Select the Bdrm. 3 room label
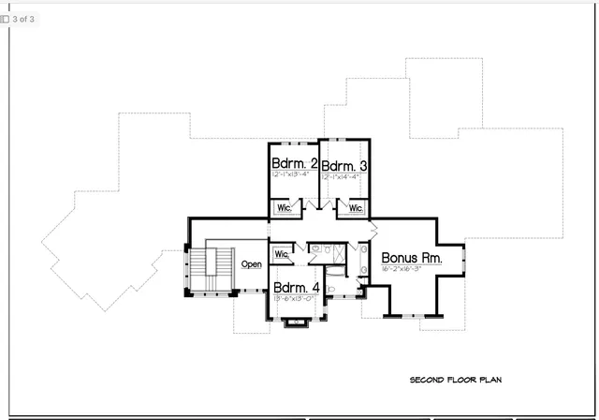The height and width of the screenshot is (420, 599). [x=343, y=163]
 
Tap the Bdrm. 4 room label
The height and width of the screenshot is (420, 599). [x=297, y=287]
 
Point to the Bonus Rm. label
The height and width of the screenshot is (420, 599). [x=410, y=257]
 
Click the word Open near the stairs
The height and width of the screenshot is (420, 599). [x=252, y=264]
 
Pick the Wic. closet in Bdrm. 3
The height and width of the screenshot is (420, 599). [x=355, y=208]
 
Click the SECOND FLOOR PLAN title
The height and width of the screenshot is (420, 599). [x=456, y=380]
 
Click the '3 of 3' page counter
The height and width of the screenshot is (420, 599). [x=22, y=19]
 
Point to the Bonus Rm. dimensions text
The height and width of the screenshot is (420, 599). [x=402, y=269]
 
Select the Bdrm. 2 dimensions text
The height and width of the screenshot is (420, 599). [x=291, y=175]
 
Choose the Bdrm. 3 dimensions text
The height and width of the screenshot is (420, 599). [x=343, y=175]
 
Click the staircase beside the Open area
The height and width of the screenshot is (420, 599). [x=220, y=267]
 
